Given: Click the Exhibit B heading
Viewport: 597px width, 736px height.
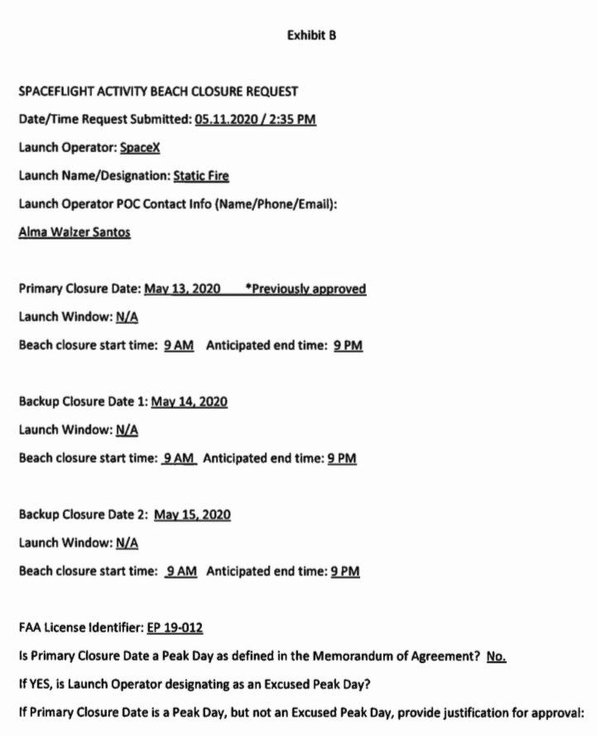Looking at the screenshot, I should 311,36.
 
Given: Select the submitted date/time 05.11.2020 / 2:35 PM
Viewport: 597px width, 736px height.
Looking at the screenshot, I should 256,119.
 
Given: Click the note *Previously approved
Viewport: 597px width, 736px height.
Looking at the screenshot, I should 306,289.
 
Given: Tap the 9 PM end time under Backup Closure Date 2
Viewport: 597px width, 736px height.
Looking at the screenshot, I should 345,571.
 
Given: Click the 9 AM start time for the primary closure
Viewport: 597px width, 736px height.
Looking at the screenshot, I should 179,346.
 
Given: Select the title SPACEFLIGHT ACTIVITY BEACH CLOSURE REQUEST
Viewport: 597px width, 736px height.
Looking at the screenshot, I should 158,91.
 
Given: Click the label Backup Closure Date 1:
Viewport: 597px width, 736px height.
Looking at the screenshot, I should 83,402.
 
